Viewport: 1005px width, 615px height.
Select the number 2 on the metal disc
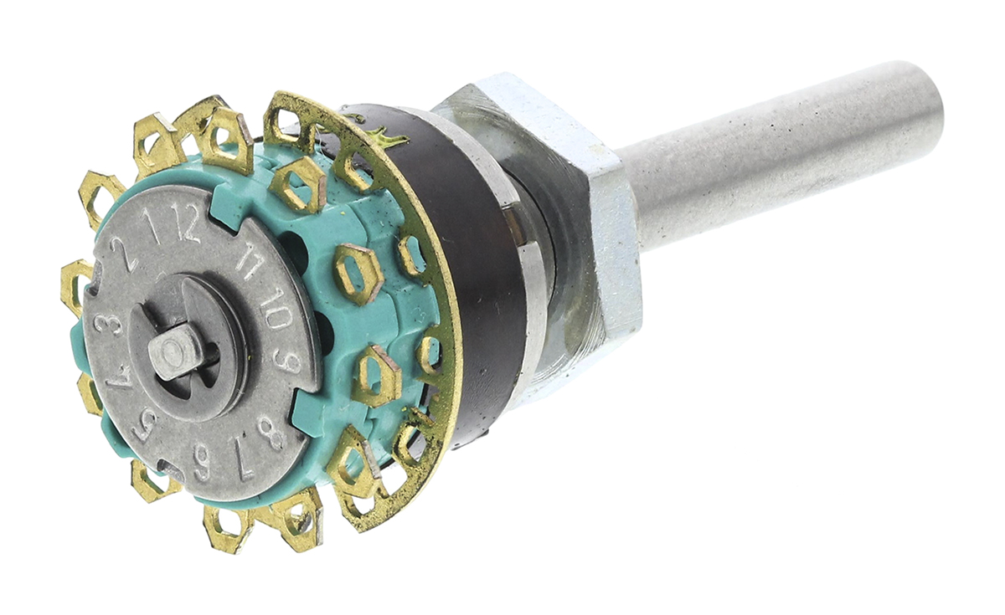[x=127, y=256]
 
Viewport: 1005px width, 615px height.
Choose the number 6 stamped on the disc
[x=203, y=462]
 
